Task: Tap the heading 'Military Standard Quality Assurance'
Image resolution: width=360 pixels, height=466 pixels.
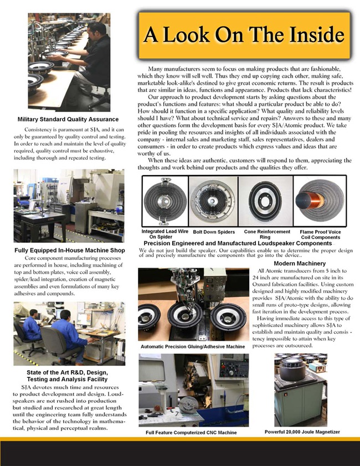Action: (x=68, y=119)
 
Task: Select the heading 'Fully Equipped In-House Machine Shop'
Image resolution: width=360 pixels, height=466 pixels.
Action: (x=69, y=250)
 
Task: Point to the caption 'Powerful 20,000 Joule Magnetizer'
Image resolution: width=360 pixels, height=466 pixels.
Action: (x=302, y=432)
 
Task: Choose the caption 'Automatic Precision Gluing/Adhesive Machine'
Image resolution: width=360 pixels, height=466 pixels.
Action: (x=192, y=346)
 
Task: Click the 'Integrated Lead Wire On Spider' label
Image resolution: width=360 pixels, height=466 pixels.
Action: (x=164, y=234)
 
